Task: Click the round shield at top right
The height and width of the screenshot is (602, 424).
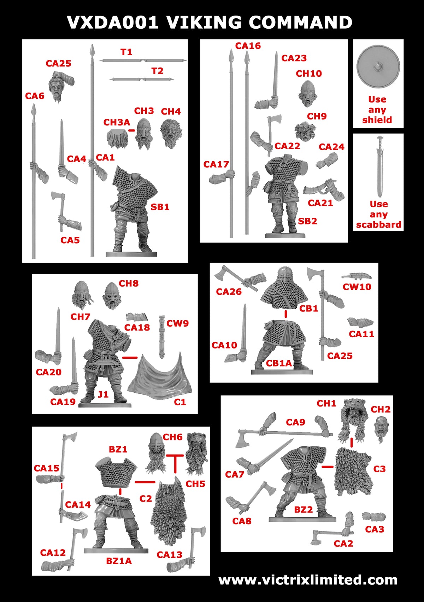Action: tap(378, 67)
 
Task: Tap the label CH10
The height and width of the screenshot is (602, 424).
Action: tap(309, 74)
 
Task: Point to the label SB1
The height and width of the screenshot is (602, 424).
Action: tap(160, 207)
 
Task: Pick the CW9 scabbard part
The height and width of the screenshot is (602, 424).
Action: tap(162, 336)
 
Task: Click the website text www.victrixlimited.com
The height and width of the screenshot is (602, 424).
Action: tap(308, 580)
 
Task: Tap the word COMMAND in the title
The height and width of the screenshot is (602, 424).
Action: tap(300, 22)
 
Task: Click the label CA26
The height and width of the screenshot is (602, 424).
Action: tap(229, 292)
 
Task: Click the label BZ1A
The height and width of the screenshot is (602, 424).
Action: tap(119, 561)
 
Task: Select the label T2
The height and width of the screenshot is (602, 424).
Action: tap(157, 71)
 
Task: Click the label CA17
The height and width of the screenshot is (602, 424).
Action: tap(216, 164)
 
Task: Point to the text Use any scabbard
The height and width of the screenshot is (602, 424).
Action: tap(378, 214)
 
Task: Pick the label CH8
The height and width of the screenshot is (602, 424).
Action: tap(129, 284)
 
